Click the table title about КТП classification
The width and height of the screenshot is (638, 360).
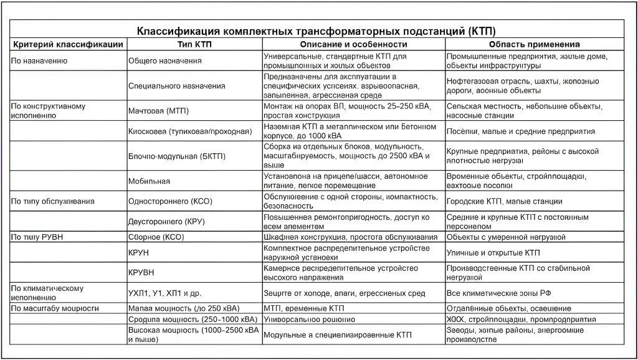click(x=319, y=31)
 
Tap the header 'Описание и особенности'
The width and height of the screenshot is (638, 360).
click(x=353, y=44)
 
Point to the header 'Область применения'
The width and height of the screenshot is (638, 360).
click(x=535, y=44)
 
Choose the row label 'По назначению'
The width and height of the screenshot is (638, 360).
click(x=39, y=61)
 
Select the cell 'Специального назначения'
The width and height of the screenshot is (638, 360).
click(x=176, y=85)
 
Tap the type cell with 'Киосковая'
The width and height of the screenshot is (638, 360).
click(x=189, y=131)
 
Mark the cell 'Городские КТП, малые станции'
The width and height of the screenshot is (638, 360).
click(x=505, y=201)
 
